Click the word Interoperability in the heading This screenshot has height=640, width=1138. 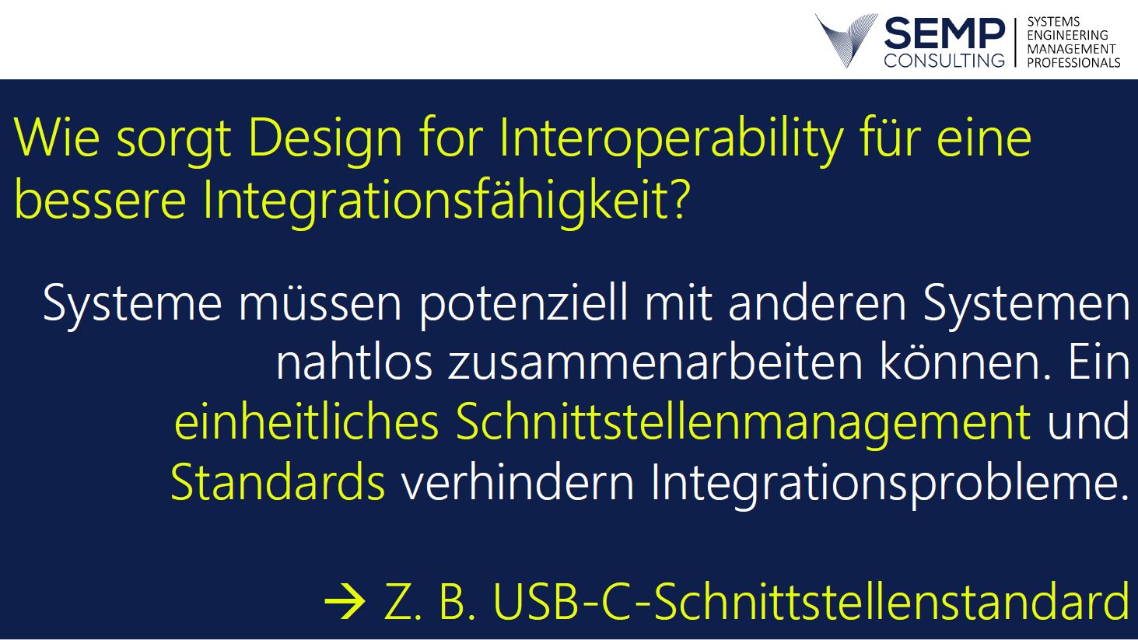coord(671,140)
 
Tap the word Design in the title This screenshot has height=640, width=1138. coord(325,141)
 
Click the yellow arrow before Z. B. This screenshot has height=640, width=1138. coord(345,601)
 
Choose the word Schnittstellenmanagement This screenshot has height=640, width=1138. coord(743,422)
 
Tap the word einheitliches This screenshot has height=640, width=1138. coord(306,421)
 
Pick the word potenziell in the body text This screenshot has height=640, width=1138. coord(523,303)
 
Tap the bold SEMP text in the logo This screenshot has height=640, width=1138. coord(944,33)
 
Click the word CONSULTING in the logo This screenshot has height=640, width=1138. coord(944,60)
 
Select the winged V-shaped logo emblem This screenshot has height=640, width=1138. coord(846,40)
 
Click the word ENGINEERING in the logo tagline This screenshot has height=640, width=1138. coord(1067,35)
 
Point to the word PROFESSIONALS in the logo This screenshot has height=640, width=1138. coord(1073,62)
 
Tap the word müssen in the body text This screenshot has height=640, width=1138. coord(320,303)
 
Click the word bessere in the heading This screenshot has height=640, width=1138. coord(100,200)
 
